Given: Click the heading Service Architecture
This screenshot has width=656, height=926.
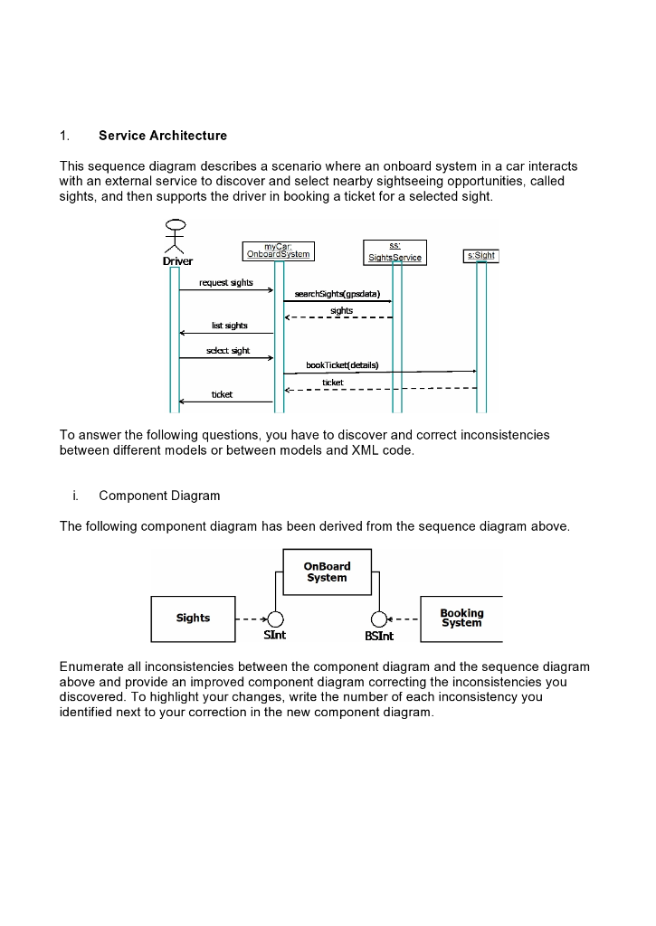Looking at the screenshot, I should click(163, 136).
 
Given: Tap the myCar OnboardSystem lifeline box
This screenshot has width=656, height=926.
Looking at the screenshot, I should click(278, 250).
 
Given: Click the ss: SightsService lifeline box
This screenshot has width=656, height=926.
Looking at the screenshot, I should click(395, 252).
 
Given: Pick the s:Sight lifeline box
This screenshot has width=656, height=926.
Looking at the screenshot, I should click(480, 256).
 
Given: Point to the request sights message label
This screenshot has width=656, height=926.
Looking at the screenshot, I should click(226, 283).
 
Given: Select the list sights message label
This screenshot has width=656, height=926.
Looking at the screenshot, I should click(229, 326).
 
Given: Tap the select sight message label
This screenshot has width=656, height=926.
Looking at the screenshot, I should click(228, 350).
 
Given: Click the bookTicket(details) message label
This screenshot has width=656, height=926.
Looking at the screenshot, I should click(342, 365).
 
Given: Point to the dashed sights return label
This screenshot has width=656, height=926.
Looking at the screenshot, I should click(341, 311).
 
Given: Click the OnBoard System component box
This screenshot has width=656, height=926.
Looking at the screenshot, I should click(327, 572).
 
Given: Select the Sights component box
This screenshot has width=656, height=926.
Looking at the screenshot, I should click(193, 619).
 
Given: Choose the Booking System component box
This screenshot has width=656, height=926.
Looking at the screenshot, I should click(461, 619).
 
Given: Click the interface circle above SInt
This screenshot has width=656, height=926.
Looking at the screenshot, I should click(275, 619).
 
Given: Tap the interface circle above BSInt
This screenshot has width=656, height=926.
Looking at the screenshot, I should click(380, 619).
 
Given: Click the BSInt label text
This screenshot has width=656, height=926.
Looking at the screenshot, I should click(379, 637).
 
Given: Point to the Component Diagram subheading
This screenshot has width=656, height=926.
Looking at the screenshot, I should click(159, 496).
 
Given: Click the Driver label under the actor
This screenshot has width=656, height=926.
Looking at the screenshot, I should click(177, 261).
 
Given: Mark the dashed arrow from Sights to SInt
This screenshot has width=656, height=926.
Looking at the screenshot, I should click(251, 619).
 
